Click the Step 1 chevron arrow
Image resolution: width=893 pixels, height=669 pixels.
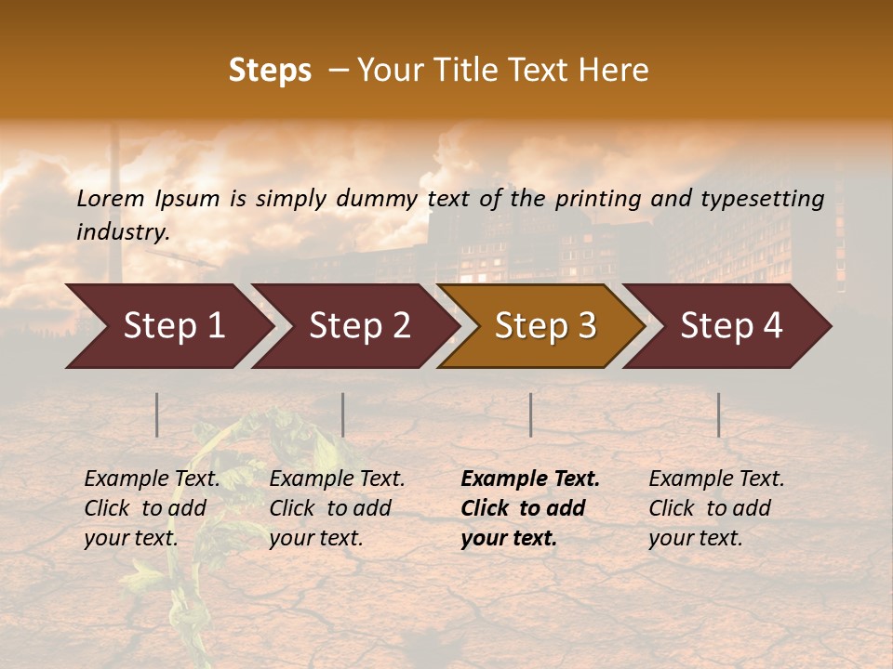172,325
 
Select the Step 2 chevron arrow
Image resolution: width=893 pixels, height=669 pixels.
358,325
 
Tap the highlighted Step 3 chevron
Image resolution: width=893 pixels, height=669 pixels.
544,325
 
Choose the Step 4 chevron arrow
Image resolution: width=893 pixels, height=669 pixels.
730,325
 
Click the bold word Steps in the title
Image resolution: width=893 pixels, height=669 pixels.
270,71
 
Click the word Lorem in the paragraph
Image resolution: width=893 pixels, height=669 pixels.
111,198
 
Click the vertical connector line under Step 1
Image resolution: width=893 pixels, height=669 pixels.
157,414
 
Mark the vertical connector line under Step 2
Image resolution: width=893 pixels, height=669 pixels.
343,414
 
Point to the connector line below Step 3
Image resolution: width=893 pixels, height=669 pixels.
531,414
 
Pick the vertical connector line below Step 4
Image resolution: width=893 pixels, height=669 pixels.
719,414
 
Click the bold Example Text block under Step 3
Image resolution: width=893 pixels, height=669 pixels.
530,508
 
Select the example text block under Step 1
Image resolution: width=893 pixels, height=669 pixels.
152,508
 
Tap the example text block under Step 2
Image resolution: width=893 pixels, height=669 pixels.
337,508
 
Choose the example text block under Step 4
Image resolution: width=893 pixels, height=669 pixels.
716,508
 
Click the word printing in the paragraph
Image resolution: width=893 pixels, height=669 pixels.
598,198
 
